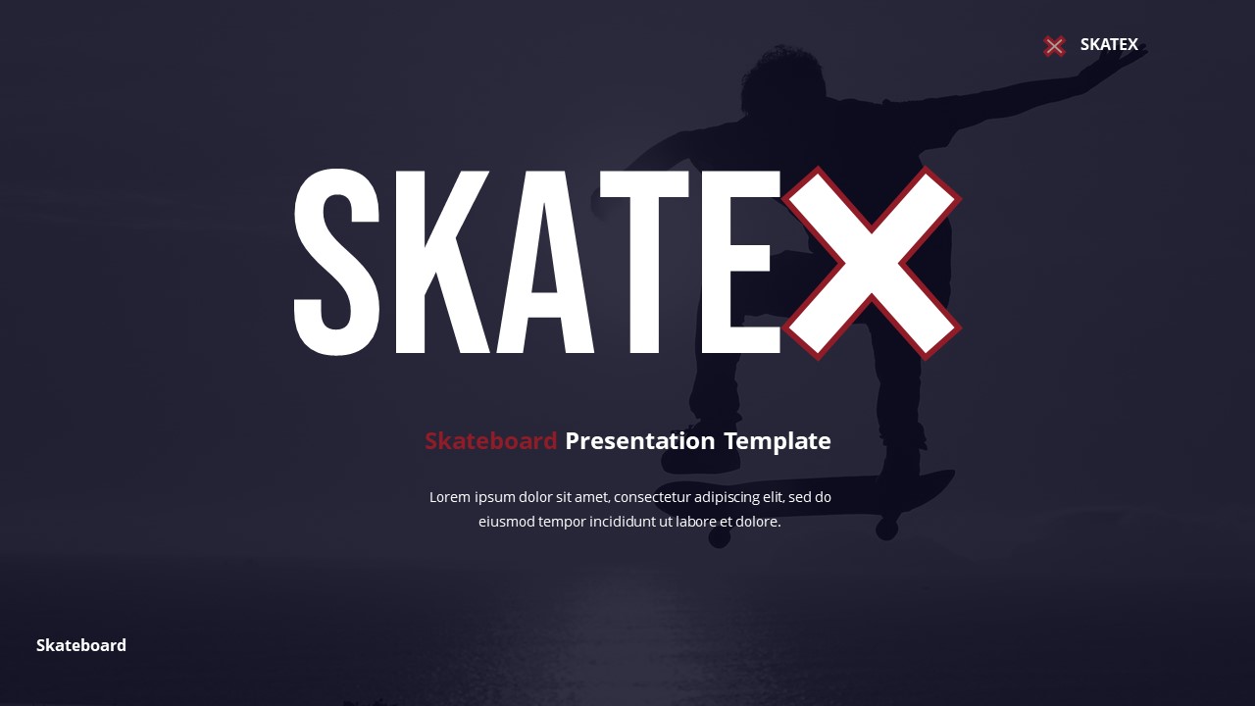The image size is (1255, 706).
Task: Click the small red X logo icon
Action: click(x=1054, y=45)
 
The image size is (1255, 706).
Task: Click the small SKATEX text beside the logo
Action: click(x=1109, y=44)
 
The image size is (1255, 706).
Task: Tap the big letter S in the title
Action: click(x=336, y=262)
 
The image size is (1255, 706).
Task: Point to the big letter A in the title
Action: click(x=545, y=262)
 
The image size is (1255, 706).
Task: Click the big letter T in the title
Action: click(x=644, y=262)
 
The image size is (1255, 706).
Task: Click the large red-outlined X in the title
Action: click(x=871, y=263)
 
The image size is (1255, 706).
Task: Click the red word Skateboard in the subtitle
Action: click(x=490, y=441)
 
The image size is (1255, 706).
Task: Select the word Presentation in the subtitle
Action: click(x=640, y=441)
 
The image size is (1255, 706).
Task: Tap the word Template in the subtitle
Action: click(x=778, y=441)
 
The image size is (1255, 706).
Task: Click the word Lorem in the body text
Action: click(x=450, y=497)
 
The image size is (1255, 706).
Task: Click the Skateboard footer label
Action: click(x=81, y=645)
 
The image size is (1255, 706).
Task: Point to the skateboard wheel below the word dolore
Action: click(x=720, y=537)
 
